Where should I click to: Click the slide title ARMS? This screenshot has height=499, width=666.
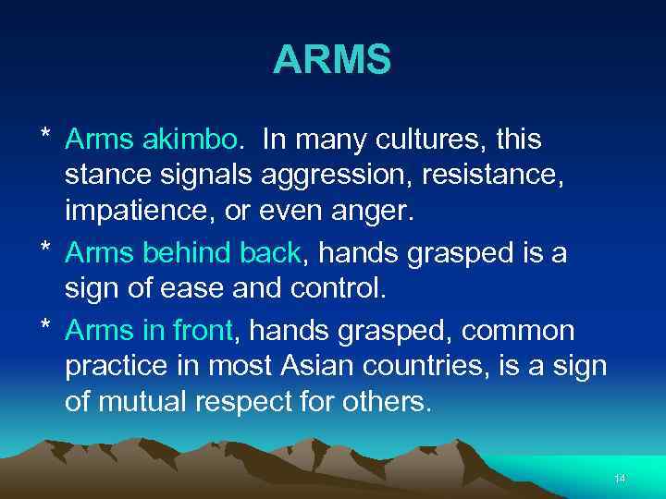(x=332, y=61)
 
